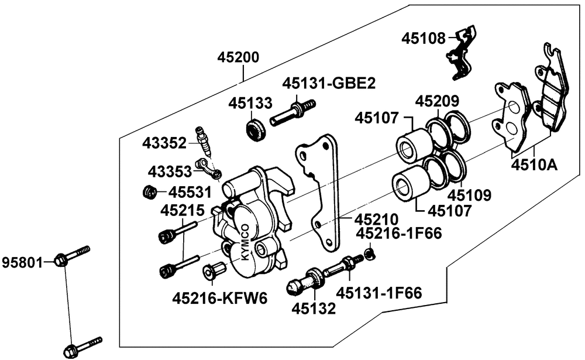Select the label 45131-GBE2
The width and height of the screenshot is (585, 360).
pos(328,83)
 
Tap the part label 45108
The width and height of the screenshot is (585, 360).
pos(424,39)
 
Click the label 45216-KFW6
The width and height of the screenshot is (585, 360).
pos(219,298)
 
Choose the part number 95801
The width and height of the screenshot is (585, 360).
pos(23,261)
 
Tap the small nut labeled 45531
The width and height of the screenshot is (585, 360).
pos(150,191)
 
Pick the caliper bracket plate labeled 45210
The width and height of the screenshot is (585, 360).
pos(319,187)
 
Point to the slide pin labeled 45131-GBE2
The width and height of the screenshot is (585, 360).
pos(292,112)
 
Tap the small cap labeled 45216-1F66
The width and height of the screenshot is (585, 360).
pos(369,253)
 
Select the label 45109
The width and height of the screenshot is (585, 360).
pos(469,194)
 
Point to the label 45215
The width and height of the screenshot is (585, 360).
pos(183,210)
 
